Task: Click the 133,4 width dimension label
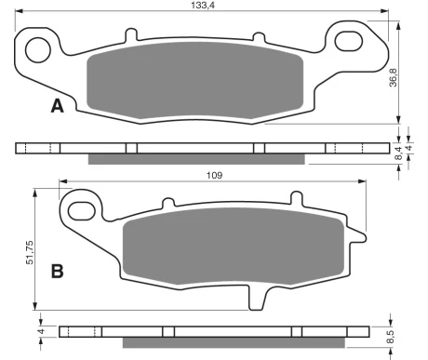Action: [x=203, y=5]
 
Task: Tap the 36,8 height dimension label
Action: [x=394, y=77]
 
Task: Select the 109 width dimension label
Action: [x=214, y=176]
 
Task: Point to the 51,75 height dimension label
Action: [x=30, y=252]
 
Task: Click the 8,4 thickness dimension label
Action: [x=399, y=153]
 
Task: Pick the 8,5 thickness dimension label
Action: [x=390, y=337]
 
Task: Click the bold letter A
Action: [x=57, y=106]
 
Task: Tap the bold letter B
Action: [x=58, y=272]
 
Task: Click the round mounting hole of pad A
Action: [x=38, y=50]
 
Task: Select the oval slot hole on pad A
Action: [x=349, y=41]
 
